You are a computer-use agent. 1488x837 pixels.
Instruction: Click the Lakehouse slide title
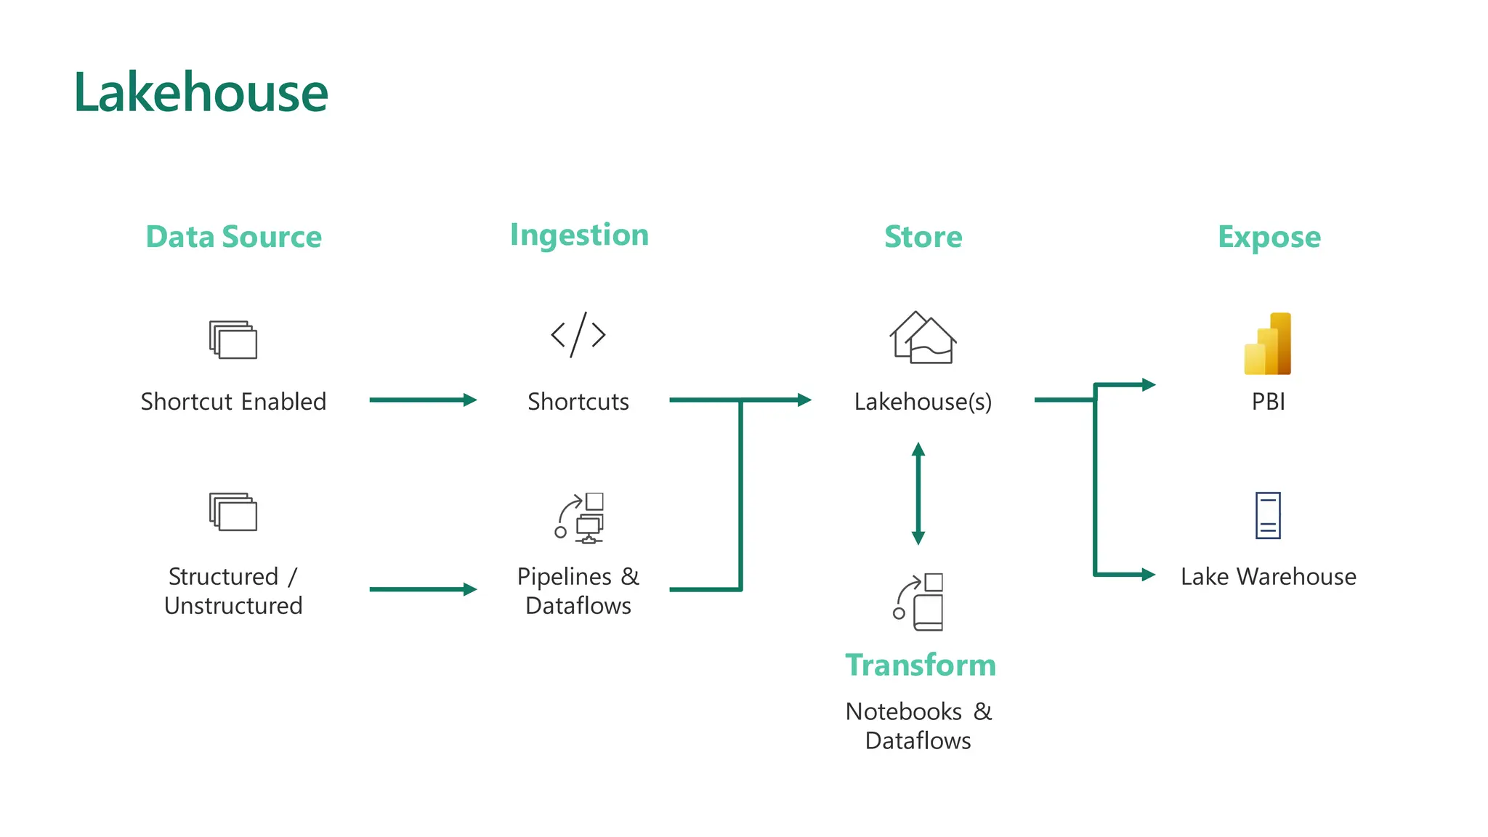click(201, 93)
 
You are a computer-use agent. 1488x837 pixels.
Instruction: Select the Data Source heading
click(233, 237)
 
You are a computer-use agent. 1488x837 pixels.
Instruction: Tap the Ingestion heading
click(579, 235)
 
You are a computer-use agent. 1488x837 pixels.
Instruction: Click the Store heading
click(923, 237)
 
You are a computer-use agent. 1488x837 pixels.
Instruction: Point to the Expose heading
click(1269, 237)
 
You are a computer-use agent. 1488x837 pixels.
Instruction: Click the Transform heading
click(920, 665)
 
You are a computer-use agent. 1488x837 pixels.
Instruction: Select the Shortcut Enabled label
click(233, 401)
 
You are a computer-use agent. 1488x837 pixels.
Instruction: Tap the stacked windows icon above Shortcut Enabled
click(233, 339)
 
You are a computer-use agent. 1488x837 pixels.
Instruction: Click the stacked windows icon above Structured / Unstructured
click(233, 511)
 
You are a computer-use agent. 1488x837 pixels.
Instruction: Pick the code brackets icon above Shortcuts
click(578, 335)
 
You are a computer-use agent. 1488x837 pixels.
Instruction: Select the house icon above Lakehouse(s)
click(923, 338)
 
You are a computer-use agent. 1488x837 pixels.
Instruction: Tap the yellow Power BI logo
click(1268, 344)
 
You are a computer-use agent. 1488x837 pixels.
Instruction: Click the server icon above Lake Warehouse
click(1268, 516)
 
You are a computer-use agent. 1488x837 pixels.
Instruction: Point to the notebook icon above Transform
click(919, 602)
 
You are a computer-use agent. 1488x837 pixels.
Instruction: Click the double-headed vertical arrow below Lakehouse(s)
click(918, 493)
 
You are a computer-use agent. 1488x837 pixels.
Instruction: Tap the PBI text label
click(1268, 401)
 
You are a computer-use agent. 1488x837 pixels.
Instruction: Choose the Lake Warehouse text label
click(1268, 576)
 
